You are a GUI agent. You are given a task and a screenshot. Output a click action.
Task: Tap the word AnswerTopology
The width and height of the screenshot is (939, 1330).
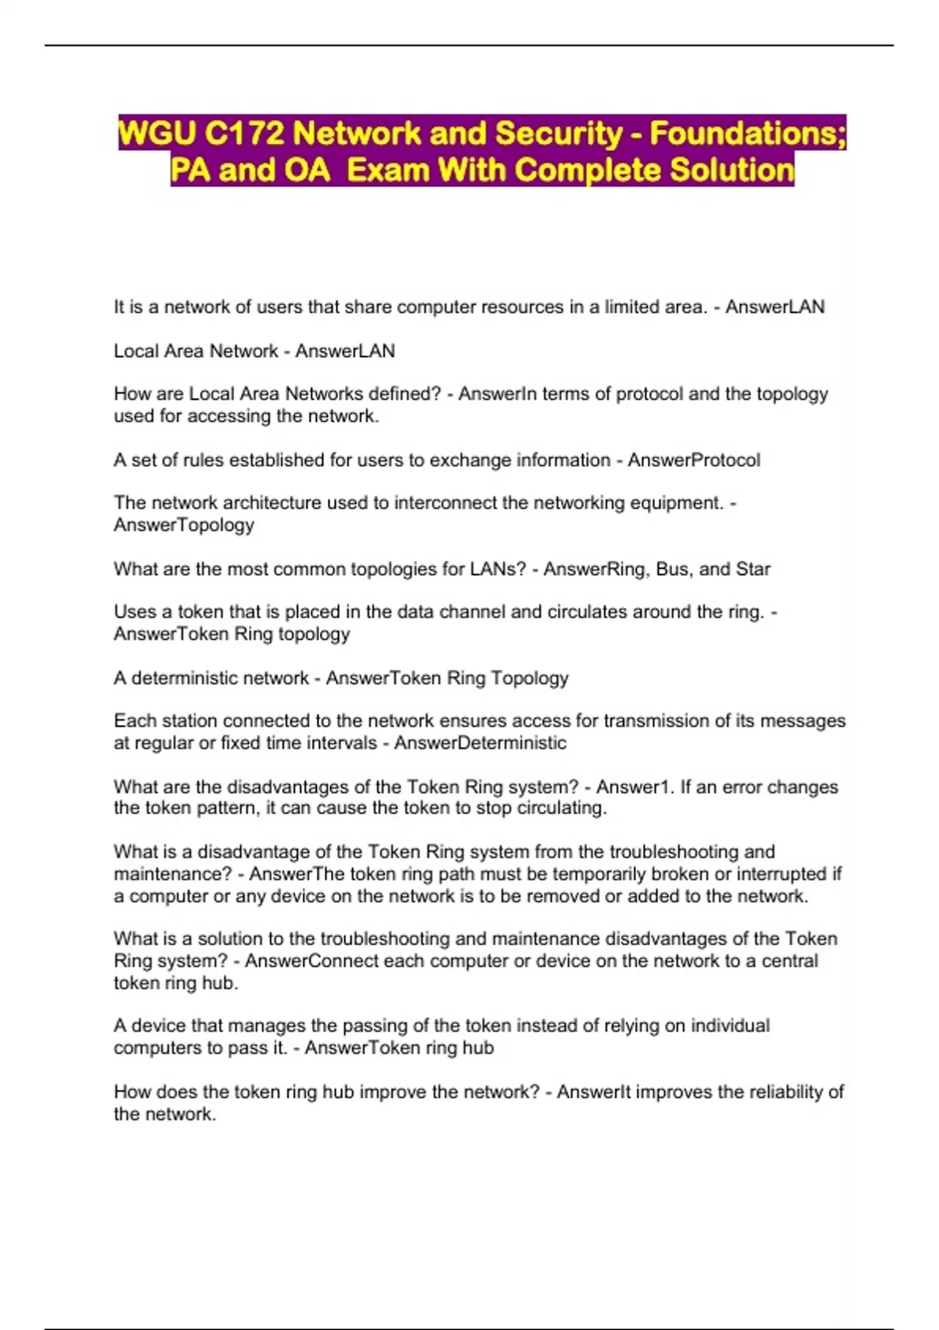point(184,525)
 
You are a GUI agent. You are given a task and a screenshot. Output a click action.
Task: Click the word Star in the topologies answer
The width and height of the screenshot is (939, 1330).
point(753,569)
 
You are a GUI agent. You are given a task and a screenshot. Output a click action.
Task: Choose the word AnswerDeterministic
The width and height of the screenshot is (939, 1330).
point(480,742)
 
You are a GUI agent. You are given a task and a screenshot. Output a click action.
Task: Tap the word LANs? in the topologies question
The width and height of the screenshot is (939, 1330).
point(498,569)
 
